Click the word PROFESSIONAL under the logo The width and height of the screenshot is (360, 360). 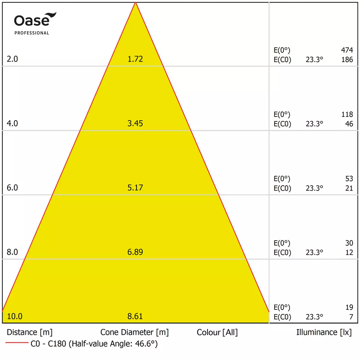tap(32, 33)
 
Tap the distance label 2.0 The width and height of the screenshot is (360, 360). tap(12, 59)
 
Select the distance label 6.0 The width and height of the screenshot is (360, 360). tap(12, 187)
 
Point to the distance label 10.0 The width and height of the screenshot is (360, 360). tap(15, 316)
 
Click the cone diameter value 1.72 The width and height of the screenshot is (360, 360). tap(135, 59)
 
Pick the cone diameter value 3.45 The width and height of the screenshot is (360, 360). tap(135, 123)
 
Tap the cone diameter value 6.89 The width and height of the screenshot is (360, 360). tap(135, 252)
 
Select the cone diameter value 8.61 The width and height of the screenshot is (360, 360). tap(135, 316)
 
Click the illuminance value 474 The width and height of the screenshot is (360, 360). tap(347, 50)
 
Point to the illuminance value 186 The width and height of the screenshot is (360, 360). tap(347, 60)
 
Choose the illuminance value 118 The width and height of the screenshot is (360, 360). tap(347, 114)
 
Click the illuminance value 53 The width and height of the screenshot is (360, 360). tap(349, 178)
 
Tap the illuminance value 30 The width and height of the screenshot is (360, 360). tap(349, 243)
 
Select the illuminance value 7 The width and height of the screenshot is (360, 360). tap(351, 317)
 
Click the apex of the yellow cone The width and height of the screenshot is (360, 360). tap(135, 2)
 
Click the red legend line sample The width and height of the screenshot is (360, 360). tap(17, 342)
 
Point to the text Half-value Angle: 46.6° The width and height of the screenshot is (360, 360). tap(115, 344)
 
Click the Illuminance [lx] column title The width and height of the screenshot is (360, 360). tap(324, 332)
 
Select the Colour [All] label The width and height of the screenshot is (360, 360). tap(217, 332)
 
